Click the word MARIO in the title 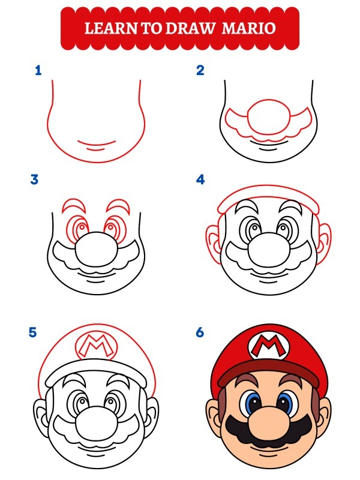click(249, 28)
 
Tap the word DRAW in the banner click(192, 28)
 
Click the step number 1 click(38, 71)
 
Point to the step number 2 click(200, 71)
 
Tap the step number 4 click(200, 179)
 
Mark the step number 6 click(200, 332)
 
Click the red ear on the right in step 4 click(323, 240)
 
